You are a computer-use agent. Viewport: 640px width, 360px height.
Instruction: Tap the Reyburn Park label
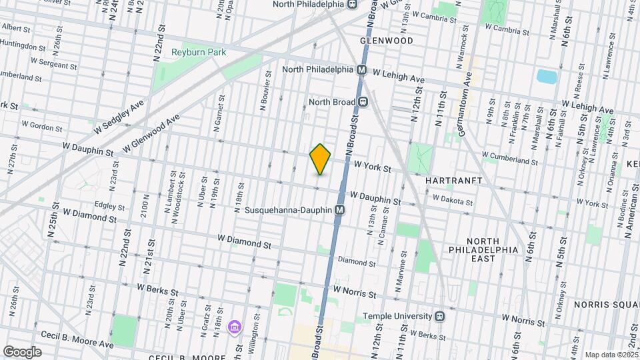click(x=199, y=52)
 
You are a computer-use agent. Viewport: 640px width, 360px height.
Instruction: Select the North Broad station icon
click(x=363, y=102)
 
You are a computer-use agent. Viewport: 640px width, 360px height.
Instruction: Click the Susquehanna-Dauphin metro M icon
click(x=340, y=210)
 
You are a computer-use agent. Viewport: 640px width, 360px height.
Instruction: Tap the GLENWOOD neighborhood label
click(x=387, y=41)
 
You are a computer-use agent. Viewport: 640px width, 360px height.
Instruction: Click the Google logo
click(x=22, y=351)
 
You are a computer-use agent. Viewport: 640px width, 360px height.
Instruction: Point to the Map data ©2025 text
click(x=610, y=355)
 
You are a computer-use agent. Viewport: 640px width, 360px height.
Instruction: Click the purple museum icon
click(x=234, y=327)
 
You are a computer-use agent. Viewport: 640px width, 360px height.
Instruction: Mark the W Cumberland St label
click(x=509, y=159)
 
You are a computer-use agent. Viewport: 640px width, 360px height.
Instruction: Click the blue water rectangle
click(x=547, y=76)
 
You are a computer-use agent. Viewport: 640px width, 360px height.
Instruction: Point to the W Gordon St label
click(x=41, y=125)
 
